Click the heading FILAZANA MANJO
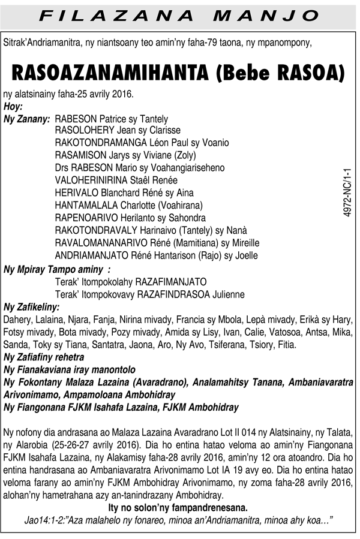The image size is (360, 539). pos(179,15)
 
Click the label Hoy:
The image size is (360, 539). pos(13,107)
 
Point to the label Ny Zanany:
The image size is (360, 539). pos(27,119)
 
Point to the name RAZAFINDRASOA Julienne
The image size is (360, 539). pos(191,294)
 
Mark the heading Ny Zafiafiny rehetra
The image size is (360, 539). pos(44,357)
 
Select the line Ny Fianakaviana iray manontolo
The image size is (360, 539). pos(70,370)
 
